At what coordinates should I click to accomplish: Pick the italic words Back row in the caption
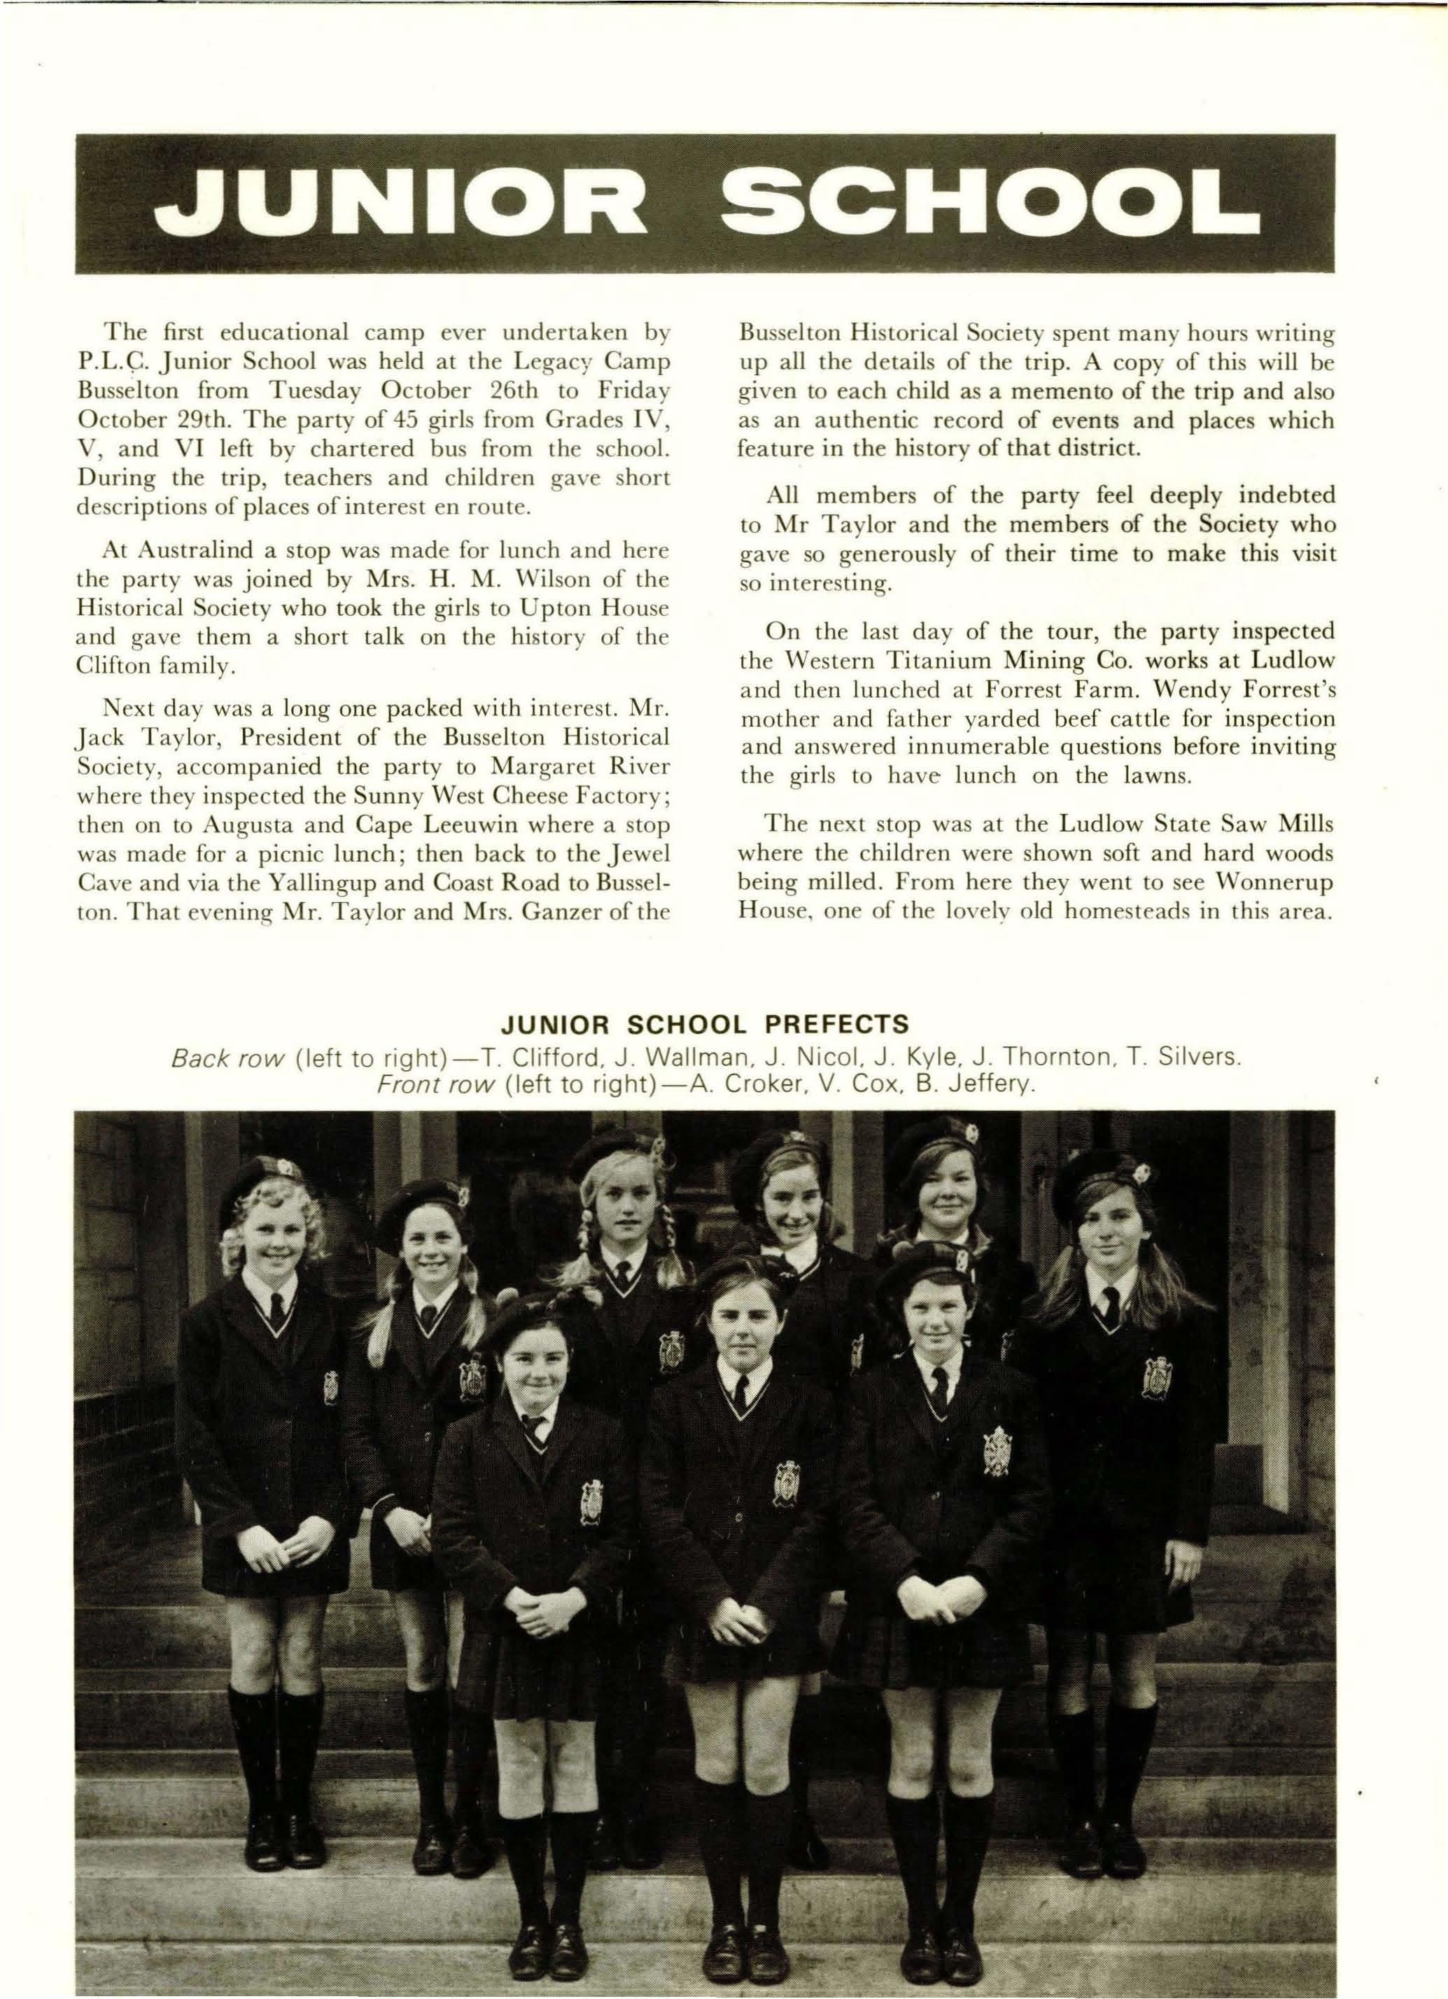[x=227, y=1056]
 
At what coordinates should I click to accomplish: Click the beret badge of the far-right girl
[x=1142, y=1173]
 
